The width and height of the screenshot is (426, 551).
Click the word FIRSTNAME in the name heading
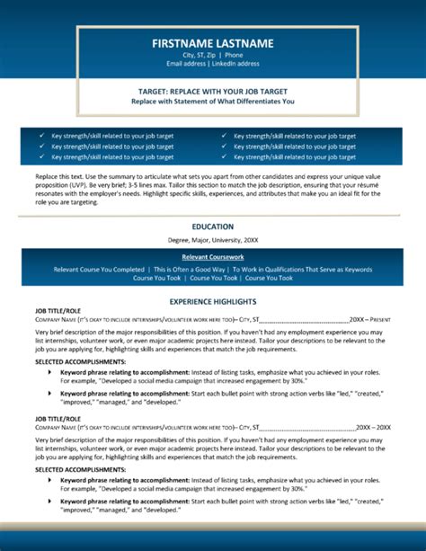point(183,43)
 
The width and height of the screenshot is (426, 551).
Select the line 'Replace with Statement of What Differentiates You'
point(213,102)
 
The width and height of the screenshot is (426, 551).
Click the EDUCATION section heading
point(213,227)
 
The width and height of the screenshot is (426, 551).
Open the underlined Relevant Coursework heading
point(213,256)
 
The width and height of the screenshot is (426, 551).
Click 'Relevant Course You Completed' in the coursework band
point(99,269)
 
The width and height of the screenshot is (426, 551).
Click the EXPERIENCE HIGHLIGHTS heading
point(213,302)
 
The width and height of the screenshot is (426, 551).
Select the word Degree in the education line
point(182,241)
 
